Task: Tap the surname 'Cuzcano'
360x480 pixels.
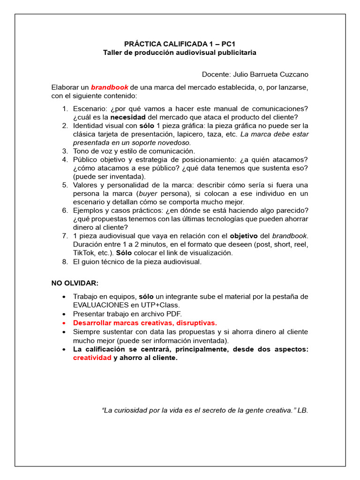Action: tap(293, 74)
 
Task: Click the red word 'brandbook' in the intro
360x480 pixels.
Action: tap(109, 87)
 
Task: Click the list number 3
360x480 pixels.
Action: tap(65, 151)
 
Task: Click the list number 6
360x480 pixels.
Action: tap(65, 210)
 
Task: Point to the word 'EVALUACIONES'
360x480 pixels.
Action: tap(99, 305)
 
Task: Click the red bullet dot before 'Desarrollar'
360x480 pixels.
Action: tap(63, 322)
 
